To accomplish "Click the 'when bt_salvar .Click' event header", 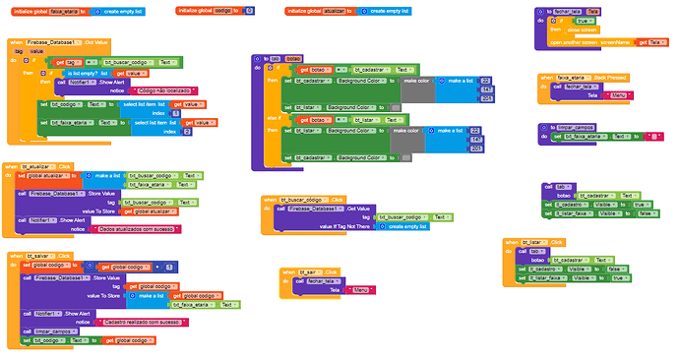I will pyautogui.click(x=31, y=255).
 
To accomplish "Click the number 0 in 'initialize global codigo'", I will pyautogui.click(x=249, y=10).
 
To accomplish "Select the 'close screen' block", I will pyautogui.click(x=582, y=30).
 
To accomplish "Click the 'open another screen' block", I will pyautogui.click(x=581, y=42).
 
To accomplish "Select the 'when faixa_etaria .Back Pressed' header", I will pyautogui.click(x=585, y=76).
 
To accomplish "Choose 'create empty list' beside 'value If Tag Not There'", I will pyautogui.click(x=402, y=226).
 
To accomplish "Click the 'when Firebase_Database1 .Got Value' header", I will pyautogui.click(x=61, y=42).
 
